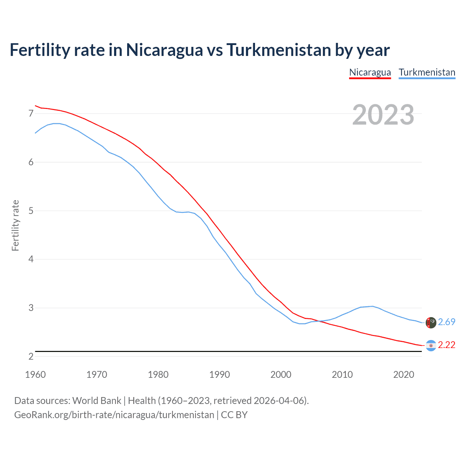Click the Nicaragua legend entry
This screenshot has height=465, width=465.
370,72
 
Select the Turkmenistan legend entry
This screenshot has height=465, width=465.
427,72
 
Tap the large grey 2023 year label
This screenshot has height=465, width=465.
383,115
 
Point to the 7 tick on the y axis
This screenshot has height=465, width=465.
31,114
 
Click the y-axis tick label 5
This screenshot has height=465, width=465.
31,211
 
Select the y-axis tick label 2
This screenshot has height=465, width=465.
31,356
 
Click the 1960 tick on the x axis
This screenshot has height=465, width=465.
35,375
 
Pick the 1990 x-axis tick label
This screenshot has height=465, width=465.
219,375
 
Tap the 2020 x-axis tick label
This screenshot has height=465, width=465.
404,375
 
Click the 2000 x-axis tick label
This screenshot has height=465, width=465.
281,375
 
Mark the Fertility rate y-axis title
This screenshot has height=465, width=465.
15,225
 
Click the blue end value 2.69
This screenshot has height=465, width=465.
446,322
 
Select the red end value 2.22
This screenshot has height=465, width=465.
446,345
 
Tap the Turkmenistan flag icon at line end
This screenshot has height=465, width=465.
431,323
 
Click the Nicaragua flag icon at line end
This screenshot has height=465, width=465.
431,345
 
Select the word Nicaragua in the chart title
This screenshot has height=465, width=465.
164,50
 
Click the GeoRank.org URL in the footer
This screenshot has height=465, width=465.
114,415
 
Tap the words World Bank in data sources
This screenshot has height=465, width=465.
97,401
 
